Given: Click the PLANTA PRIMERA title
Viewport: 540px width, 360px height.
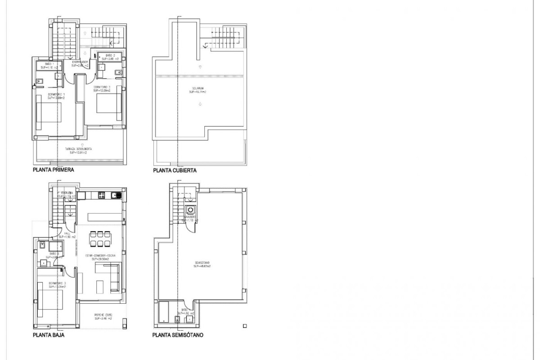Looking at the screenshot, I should (x=53, y=171).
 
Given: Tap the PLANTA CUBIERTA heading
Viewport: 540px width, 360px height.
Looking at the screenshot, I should (x=175, y=171).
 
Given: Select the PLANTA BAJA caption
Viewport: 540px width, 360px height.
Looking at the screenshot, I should (x=47, y=335).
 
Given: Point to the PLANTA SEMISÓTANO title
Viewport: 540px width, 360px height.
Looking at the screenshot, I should (x=178, y=335).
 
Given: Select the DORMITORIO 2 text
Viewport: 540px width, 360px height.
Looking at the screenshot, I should (x=103, y=88).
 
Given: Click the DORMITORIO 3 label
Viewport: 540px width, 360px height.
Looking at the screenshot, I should (x=57, y=284).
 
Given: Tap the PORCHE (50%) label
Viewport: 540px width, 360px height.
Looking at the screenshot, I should (x=103, y=316).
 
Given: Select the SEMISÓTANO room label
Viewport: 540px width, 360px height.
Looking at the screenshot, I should (x=202, y=265).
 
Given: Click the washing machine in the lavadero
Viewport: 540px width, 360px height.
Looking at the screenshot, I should (x=190, y=210).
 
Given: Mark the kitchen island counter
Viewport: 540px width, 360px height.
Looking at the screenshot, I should (x=104, y=217).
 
